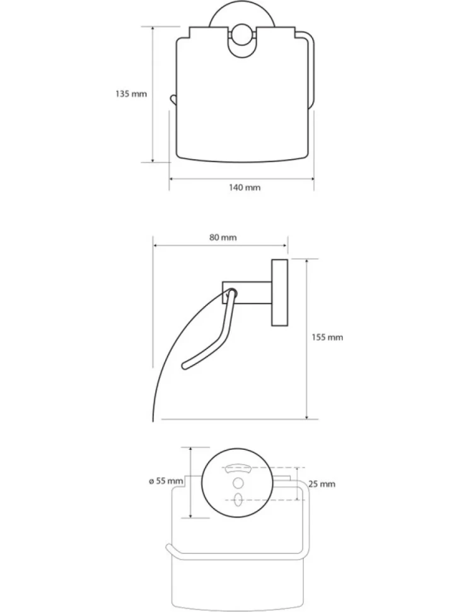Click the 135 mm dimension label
[131, 94]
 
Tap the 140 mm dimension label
[245, 188]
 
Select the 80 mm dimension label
[223, 237]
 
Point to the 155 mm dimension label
[327, 337]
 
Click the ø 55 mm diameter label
[166, 481]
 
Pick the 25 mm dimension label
[322, 484]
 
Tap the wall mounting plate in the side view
[279, 292]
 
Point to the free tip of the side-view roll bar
[185, 366]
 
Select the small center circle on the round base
[238, 483]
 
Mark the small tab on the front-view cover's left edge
[173, 100]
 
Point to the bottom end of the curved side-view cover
[153, 420]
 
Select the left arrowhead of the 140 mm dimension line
[171, 179]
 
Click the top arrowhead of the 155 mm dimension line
[307, 261]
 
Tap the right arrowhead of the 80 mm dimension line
[285, 245]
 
